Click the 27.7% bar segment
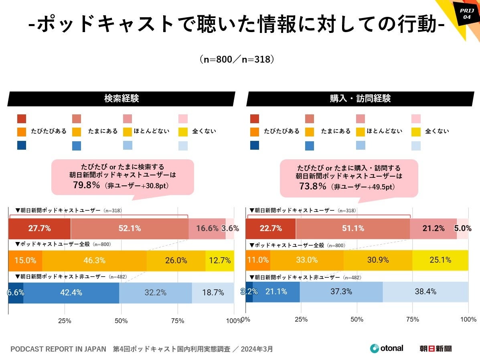(39, 228)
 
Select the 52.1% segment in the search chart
(130, 228)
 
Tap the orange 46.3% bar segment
(94, 260)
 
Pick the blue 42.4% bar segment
(71, 293)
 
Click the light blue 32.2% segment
(156, 293)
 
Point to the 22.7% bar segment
(271, 228)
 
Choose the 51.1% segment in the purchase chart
(353, 228)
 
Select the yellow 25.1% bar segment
(440, 260)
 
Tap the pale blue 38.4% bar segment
(425, 292)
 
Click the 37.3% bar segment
(341, 292)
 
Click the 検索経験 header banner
(121, 99)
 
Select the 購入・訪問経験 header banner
(360, 99)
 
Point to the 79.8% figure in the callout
(86, 185)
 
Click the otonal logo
(387, 348)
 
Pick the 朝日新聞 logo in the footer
(435, 348)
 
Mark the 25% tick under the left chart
(65, 321)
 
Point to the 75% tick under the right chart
(412, 319)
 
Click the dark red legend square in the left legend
(22, 119)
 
